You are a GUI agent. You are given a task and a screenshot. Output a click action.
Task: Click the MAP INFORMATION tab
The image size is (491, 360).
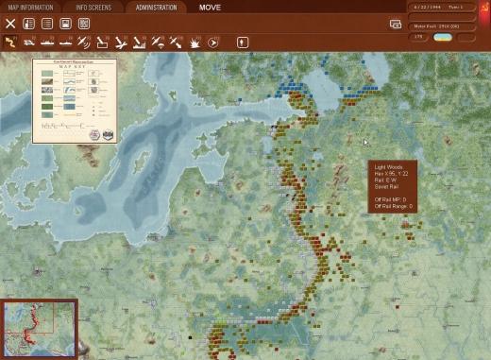30,7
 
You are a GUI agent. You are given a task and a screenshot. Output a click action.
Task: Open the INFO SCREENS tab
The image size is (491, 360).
93,7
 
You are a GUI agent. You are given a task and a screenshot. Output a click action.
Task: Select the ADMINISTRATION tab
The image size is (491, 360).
156,7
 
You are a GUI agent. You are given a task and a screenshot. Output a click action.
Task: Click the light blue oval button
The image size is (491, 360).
443,37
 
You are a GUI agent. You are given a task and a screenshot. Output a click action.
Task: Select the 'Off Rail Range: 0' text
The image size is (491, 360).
394,205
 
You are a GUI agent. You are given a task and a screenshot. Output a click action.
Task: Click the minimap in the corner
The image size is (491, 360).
39,329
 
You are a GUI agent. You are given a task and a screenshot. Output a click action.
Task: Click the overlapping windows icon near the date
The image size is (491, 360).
395,24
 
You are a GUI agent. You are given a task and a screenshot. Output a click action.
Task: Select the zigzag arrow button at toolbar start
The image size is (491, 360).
11,42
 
